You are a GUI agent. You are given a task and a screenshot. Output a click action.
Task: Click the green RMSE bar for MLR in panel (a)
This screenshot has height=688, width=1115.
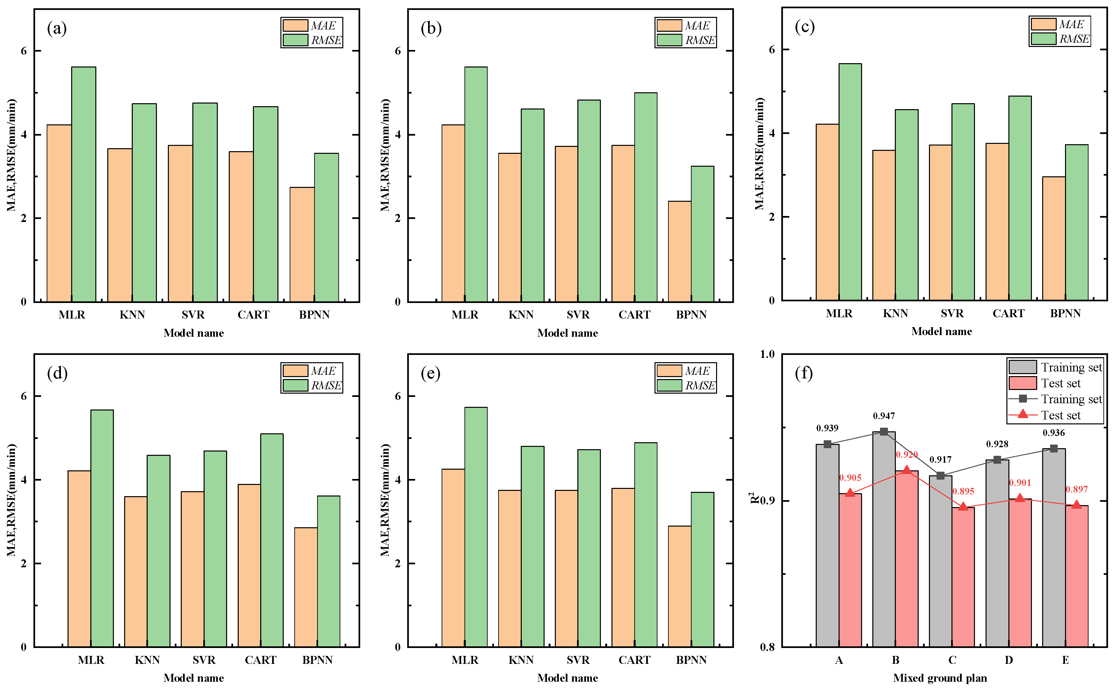(x=83, y=184)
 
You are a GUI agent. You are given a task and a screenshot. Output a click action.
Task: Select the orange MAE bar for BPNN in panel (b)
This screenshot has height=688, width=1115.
(x=679, y=251)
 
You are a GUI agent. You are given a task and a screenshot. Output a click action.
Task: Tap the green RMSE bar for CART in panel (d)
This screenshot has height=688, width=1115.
(x=272, y=540)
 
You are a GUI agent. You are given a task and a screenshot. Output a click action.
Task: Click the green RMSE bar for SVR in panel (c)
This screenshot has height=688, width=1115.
(x=963, y=202)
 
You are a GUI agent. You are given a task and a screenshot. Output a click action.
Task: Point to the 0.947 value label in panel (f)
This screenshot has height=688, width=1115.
(x=884, y=416)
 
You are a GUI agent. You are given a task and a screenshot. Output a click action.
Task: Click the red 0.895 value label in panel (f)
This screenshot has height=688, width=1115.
(x=963, y=492)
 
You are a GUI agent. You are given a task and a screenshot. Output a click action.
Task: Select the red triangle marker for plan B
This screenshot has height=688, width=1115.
(x=906, y=470)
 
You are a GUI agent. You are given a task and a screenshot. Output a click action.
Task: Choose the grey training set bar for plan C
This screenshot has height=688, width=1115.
(x=940, y=561)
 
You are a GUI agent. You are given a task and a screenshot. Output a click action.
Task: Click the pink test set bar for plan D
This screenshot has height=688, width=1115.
(x=1020, y=573)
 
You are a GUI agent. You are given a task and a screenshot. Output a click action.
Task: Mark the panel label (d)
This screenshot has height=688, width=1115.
(x=57, y=373)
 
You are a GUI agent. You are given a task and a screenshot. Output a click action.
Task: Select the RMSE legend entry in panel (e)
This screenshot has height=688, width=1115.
(x=686, y=385)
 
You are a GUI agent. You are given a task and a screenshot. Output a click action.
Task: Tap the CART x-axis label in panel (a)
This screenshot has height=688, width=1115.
(x=254, y=315)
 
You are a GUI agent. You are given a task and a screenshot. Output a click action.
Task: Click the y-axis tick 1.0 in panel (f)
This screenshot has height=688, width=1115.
(x=768, y=354)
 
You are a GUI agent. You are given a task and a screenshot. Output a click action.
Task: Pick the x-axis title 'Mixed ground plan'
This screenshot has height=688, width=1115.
(x=940, y=677)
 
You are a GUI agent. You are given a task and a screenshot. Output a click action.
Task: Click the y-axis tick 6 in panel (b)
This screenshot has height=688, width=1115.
(x=398, y=51)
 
